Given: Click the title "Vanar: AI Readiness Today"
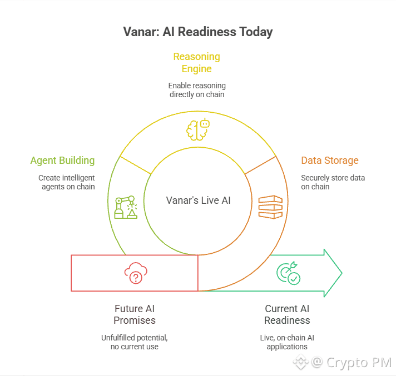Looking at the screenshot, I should point(198,32).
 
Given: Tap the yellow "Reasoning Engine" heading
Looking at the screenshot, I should point(196,63).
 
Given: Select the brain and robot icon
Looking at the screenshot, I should point(197,129).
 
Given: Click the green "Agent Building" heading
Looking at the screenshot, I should point(62,161).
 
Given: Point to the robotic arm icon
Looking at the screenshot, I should point(125,207).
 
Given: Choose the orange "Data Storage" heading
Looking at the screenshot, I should point(330,161).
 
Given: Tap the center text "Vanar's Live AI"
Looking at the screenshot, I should point(198,200).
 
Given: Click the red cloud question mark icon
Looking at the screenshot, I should point(135,273).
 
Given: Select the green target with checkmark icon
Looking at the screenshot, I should point(288,273).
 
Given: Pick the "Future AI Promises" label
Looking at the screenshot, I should point(135,314).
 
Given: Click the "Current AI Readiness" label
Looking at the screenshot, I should point(287,314).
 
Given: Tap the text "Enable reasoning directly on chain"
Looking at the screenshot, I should point(197,90).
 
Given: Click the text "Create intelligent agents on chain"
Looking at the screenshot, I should point(67,182).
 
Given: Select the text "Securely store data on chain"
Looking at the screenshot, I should point(333,182).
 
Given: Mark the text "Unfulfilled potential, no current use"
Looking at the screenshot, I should point(134,342).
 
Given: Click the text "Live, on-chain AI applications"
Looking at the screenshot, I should point(287,342).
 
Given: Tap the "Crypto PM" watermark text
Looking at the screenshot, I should point(358,363).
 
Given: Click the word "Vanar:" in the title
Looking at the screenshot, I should point(140,32).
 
